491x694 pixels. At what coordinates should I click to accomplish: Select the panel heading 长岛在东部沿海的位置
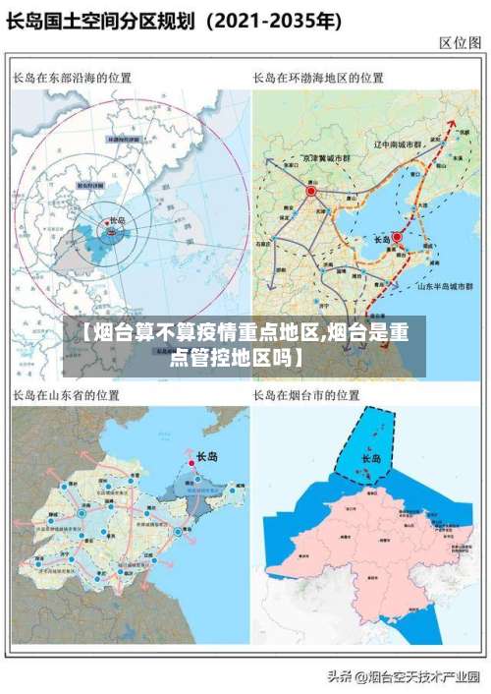(73, 78)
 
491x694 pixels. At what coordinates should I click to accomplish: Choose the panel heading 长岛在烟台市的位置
(305, 395)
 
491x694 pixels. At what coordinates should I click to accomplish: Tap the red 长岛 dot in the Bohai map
(397, 237)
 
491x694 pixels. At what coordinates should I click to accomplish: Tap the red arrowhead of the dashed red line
(453, 126)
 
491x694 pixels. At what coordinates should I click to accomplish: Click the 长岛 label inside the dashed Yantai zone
(371, 459)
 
